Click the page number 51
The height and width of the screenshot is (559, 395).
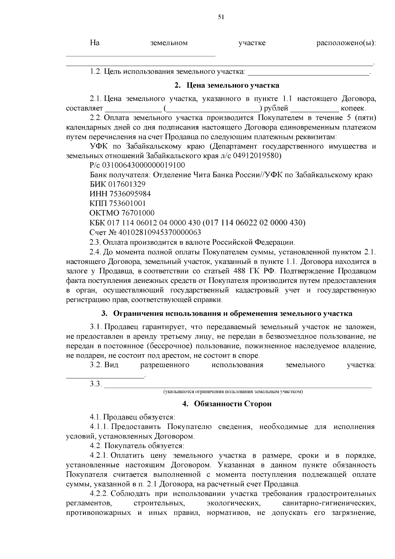pyautogui.click(x=221, y=17)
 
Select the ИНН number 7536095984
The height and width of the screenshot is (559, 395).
pyautogui.click(x=131, y=194)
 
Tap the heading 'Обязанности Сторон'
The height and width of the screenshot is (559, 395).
pyautogui.click(x=233, y=404)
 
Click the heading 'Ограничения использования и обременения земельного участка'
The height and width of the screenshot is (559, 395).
pyautogui.click(x=235, y=313)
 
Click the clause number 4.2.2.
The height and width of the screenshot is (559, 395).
pyautogui.click(x=99, y=494)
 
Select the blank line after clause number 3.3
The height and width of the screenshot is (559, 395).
pyautogui.click(x=238, y=385)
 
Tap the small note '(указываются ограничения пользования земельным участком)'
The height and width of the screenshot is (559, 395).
pyautogui.click(x=233, y=392)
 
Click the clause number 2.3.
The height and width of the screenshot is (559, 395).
pyautogui.click(x=95, y=243)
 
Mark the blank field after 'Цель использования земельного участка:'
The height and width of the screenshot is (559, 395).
pyautogui.click(x=308, y=72)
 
